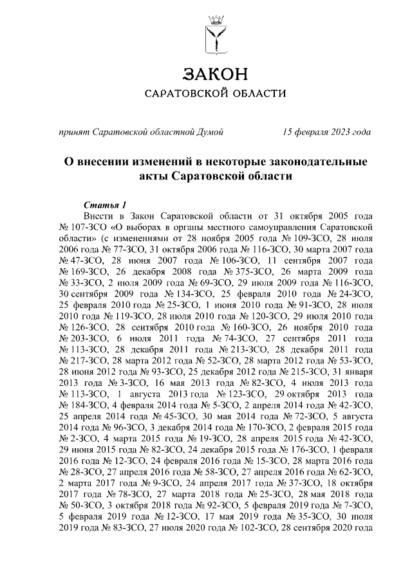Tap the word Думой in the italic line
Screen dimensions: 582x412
tap(210, 132)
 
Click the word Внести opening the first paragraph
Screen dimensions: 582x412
tap(99, 215)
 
